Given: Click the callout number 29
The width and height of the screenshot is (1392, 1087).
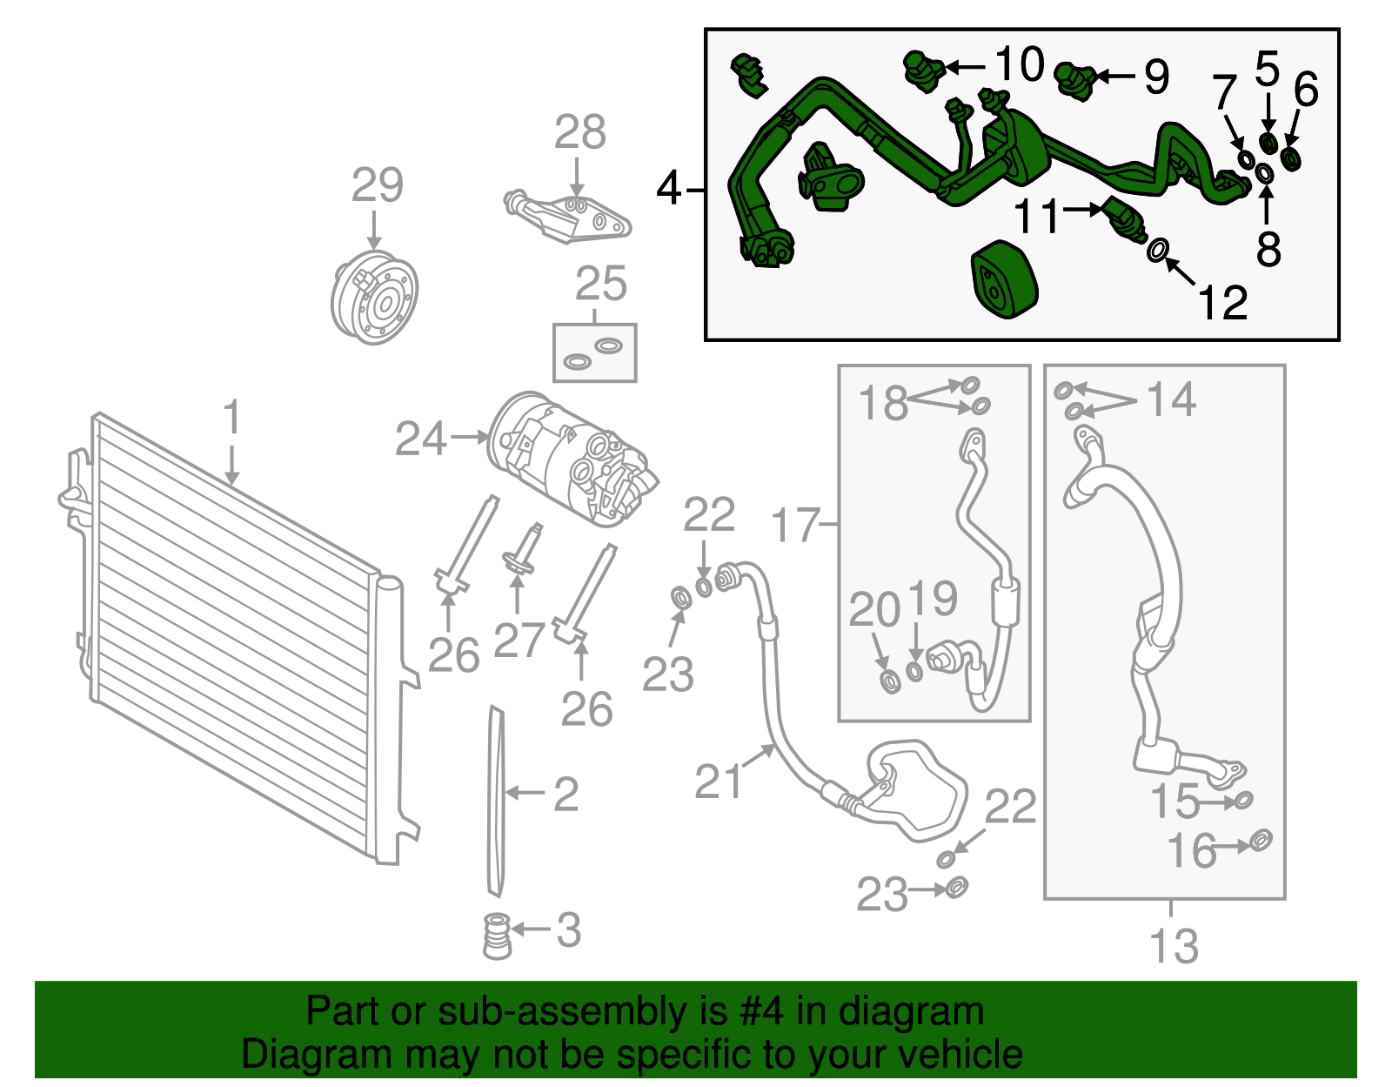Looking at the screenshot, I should point(378,185).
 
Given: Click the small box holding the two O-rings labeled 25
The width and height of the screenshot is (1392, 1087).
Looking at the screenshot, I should point(595,352).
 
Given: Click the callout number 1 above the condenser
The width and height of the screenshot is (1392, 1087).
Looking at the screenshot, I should point(231,417).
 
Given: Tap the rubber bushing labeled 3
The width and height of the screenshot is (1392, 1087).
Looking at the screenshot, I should point(497,936).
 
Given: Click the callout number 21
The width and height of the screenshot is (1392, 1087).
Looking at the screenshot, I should point(719,780).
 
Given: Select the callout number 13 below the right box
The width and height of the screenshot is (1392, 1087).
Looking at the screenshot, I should point(1174,945).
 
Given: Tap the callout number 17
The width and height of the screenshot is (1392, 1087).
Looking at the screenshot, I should point(795,525).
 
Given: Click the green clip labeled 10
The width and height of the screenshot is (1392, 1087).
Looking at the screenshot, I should point(921,69).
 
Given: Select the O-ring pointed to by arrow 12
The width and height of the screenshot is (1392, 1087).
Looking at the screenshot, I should point(1157,251).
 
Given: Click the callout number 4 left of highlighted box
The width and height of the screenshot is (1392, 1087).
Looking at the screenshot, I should point(667,187).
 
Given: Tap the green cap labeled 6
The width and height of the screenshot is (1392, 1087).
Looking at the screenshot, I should point(1291,159).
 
